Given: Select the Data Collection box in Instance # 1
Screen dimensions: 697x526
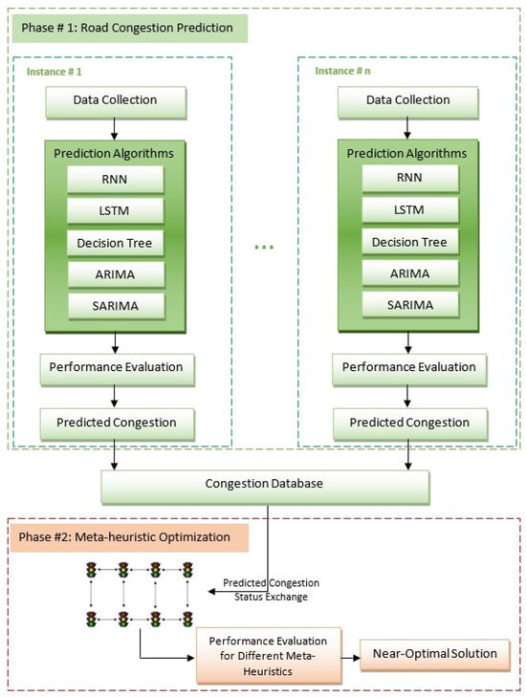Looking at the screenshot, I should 115,99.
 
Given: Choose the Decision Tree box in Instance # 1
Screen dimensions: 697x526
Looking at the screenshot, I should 115,243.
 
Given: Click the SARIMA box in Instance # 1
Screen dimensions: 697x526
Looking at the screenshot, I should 115,304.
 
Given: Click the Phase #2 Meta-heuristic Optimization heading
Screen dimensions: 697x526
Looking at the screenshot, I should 124,537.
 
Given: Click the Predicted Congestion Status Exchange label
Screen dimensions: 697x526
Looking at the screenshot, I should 271,589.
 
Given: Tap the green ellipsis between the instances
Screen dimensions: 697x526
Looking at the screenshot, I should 265,248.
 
